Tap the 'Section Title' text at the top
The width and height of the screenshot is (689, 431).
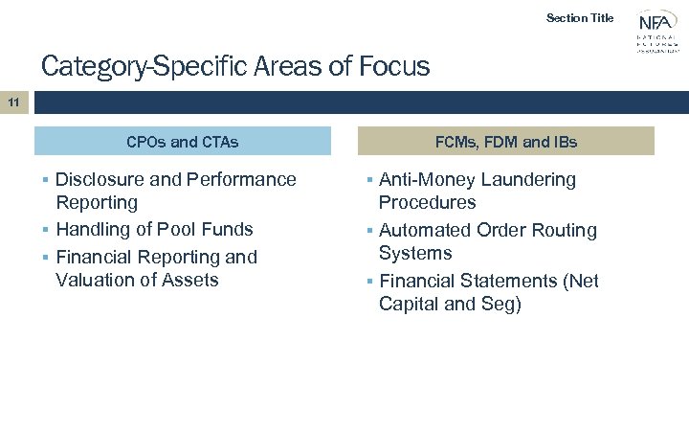(x=579, y=17)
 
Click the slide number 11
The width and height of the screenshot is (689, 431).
(x=13, y=101)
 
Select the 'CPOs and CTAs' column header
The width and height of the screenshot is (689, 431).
(x=182, y=142)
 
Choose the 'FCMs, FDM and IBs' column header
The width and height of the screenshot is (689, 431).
(x=506, y=142)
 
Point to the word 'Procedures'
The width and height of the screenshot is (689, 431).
(x=427, y=203)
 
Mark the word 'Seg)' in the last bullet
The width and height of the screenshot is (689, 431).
(x=500, y=305)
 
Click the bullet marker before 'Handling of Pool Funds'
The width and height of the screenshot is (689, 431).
(x=46, y=230)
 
